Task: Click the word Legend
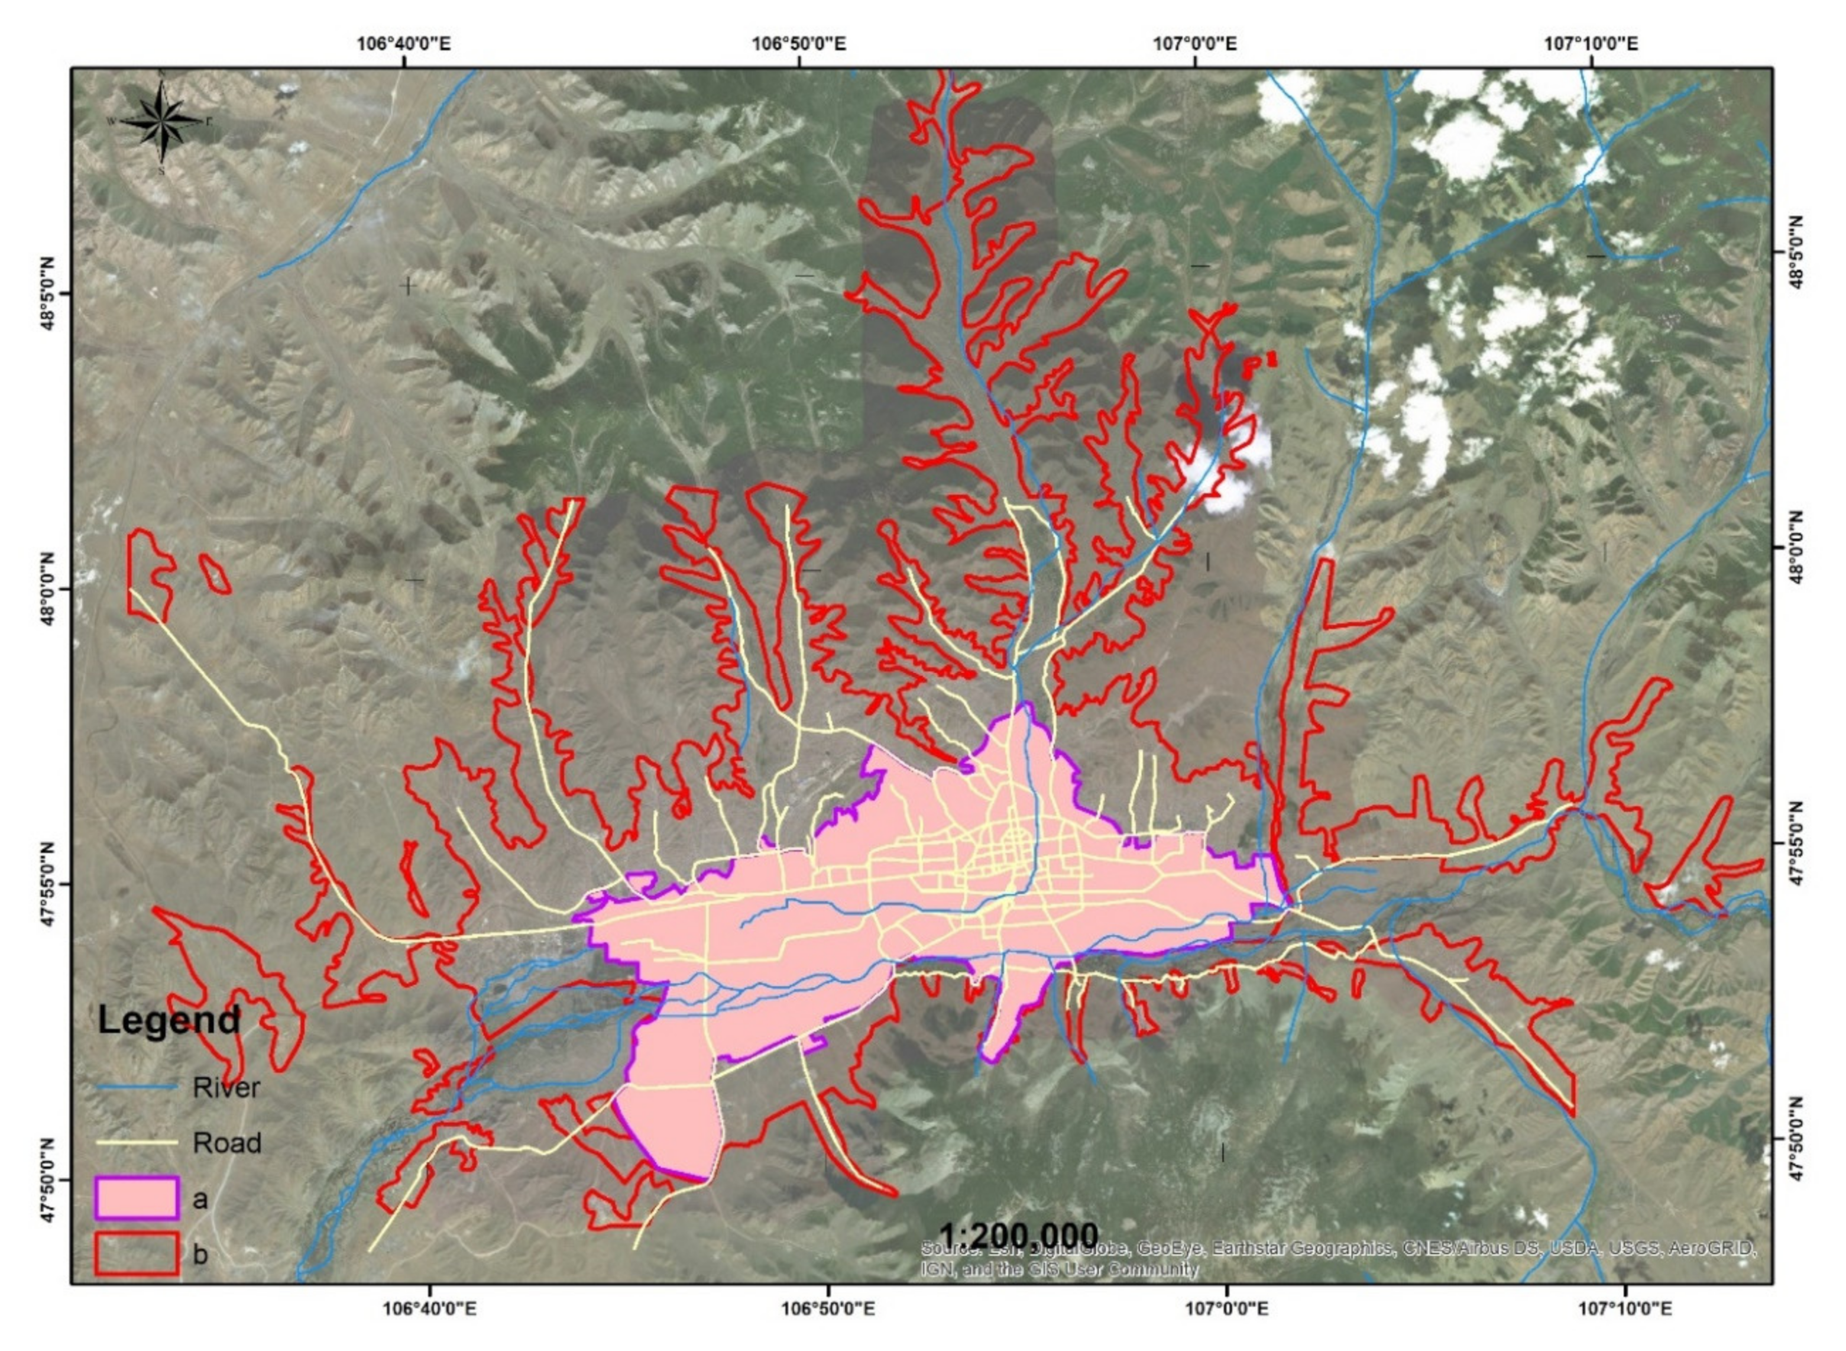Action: (x=169, y=1020)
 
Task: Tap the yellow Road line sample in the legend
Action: (x=137, y=1142)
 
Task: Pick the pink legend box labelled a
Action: (x=137, y=1198)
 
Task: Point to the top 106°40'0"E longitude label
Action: (x=404, y=43)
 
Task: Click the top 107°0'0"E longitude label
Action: (x=1194, y=43)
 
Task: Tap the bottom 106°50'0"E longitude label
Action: (x=827, y=1309)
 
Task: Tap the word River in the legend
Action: (x=226, y=1088)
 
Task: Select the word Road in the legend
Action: (x=226, y=1142)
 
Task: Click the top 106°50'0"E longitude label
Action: (x=799, y=43)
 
